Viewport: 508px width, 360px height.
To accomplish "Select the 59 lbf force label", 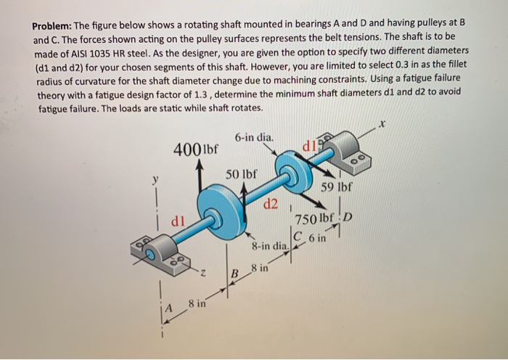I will tap(337, 187).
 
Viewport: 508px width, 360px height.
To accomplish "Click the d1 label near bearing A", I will tap(178, 218).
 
